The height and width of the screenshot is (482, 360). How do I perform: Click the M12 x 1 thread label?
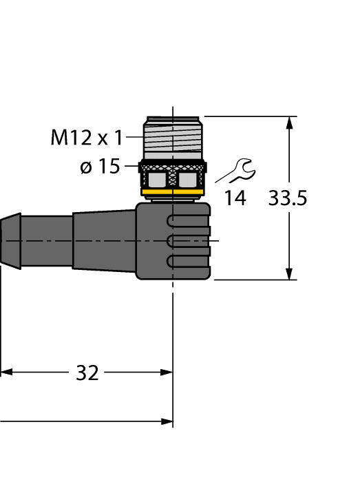(86, 138)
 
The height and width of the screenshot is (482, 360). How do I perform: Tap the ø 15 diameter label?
(100, 167)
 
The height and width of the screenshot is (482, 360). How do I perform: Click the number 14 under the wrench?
(235, 198)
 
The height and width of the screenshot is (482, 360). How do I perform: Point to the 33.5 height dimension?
(287, 198)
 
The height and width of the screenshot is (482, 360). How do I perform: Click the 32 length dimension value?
(87, 373)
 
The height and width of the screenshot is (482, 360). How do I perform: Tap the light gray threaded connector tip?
(173, 138)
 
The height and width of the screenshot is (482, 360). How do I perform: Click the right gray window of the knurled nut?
(187, 180)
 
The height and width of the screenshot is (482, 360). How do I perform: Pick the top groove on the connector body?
(187, 221)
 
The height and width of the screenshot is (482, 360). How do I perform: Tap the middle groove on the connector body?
(187, 240)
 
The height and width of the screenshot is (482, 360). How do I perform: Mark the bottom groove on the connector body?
(187, 260)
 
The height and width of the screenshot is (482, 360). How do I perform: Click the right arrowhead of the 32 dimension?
(166, 373)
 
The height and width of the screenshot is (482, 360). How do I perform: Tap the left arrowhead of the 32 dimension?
(6, 373)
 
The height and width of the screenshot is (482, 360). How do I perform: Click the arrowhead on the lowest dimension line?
(166, 420)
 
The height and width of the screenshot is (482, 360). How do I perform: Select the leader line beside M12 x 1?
(134, 138)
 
